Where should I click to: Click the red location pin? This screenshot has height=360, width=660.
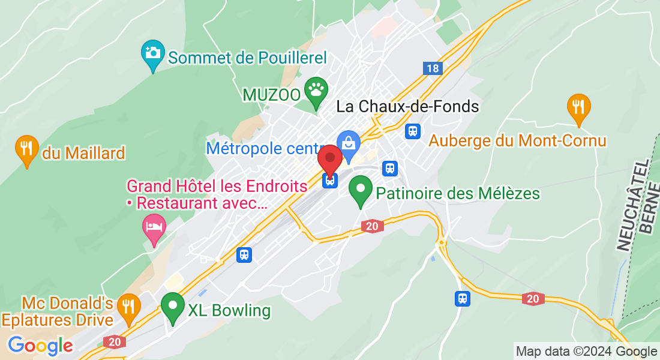click(x=330, y=159)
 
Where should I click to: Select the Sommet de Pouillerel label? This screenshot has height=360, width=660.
click(x=247, y=58)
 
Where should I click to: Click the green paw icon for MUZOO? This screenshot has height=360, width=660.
click(x=316, y=91)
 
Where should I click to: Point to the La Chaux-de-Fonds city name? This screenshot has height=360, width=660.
click(x=408, y=107)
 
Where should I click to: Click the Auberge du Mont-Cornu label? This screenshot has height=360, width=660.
click(x=518, y=141)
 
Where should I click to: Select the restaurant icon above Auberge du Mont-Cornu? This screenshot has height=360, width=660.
click(x=578, y=107)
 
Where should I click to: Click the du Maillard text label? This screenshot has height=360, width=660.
click(x=83, y=153)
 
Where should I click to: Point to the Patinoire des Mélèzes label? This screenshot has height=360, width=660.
click(x=458, y=194)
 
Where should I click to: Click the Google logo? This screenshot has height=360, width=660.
click(x=40, y=345)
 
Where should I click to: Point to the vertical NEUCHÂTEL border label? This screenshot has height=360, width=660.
click(x=625, y=204)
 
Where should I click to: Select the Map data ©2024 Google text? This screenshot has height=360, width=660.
click(x=586, y=352)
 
